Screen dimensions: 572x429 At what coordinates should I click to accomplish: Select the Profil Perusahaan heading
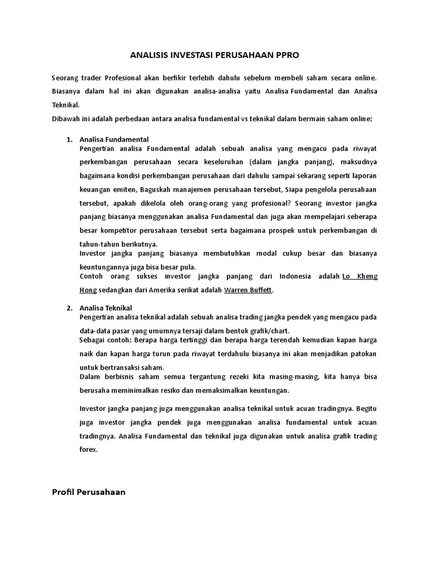click(89, 492)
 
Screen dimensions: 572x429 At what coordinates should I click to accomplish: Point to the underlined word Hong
click(88, 290)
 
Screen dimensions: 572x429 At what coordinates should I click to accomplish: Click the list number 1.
click(69, 140)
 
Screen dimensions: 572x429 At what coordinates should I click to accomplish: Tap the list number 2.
click(69, 308)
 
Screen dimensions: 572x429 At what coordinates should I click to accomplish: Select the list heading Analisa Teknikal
click(106, 308)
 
